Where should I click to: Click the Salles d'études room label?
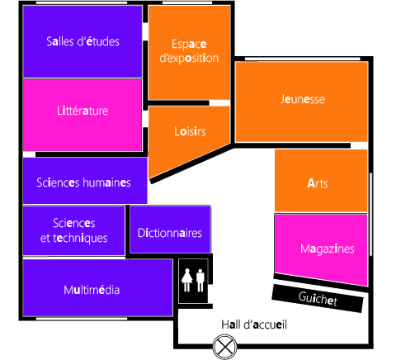[83, 41]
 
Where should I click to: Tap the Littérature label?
[83, 111]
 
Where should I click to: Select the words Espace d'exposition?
[189, 51]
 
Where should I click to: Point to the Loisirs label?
[190, 131]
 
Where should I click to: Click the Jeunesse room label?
[303, 99]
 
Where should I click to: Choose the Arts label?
[318, 183]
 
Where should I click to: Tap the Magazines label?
[328, 249]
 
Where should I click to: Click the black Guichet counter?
[318, 298]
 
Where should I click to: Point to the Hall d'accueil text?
[254, 324]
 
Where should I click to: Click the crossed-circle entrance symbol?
[224, 347]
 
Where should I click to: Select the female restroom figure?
[187, 280]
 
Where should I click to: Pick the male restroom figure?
[200, 280]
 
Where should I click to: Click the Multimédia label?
[92, 290]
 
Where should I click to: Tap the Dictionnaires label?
[170, 233]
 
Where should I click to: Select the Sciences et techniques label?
[73, 230]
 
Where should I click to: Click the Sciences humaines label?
[83, 182]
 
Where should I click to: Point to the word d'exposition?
[189, 59]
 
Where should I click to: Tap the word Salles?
[60, 41]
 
